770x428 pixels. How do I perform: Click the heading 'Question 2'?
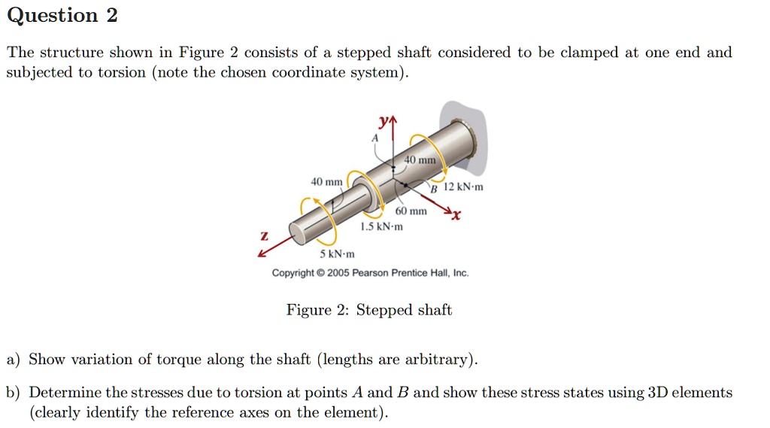pos(62,16)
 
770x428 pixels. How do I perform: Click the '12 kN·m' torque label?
pos(464,187)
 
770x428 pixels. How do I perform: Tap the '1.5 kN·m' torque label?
pos(381,226)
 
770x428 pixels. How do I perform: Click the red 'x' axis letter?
pos(456,217)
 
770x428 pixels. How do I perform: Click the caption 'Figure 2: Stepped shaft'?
pos(369,310)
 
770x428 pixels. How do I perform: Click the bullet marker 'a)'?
pos(14,360)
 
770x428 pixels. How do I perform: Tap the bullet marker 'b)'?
pos(14,393)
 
